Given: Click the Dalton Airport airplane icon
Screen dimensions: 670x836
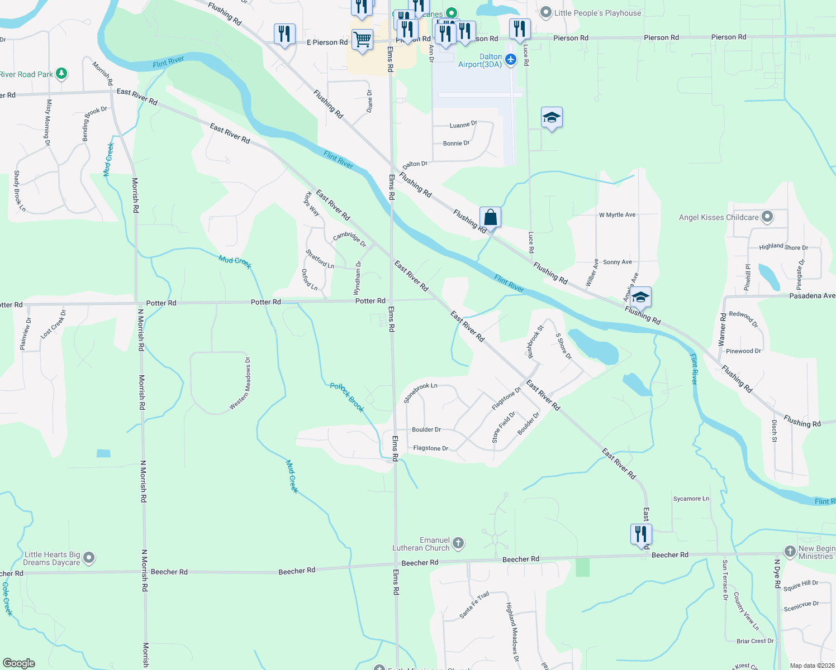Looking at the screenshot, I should pos(511,59).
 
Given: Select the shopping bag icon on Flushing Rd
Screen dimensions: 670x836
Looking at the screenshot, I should pos(490,217).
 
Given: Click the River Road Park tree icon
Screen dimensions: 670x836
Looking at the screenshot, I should pos(61,74).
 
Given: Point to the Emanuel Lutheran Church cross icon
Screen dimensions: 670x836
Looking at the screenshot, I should pos(458,543).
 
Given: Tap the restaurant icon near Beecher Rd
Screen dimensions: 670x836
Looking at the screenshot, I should pos(641,534).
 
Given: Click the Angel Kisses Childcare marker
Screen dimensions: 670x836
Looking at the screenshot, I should pos(767,217).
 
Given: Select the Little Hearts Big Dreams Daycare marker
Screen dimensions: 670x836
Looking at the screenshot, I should pos(89,558).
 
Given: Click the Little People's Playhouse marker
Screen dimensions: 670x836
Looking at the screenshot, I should pos(546,12).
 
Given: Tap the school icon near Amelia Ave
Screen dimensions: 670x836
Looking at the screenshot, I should pos(640,298).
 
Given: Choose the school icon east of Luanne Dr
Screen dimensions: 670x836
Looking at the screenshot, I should pos(552,118).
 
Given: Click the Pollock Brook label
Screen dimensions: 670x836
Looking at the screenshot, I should pos(347,398).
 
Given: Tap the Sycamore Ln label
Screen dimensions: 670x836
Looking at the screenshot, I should pos(691,499).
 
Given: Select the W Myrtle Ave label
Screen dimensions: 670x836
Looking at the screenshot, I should pos(617,215).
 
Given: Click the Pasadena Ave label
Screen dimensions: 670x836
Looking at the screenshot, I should pos(812,296).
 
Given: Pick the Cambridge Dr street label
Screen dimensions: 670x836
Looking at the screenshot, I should pos(349,239).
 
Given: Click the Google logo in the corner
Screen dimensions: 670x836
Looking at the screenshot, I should pos(19,663).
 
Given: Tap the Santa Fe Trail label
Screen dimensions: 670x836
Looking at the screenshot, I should pos(474,605).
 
